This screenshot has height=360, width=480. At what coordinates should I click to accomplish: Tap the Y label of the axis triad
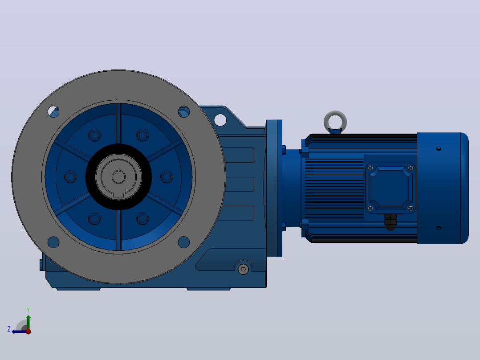[28, 310]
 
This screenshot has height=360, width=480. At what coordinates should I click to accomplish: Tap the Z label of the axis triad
[9, 329]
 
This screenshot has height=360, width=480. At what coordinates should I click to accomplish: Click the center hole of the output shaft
[118, 177]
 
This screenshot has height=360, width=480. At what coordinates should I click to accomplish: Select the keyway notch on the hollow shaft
[118, 195]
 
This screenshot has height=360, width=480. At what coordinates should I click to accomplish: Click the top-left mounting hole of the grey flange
[53, 111]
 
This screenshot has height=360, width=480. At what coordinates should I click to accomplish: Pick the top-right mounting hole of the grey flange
[183, 111]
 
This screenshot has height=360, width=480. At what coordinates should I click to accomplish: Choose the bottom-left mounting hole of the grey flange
[53, 242]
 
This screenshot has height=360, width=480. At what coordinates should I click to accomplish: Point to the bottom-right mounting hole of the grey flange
[183, 242]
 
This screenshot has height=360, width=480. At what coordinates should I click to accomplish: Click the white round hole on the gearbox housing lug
[220, 120]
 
